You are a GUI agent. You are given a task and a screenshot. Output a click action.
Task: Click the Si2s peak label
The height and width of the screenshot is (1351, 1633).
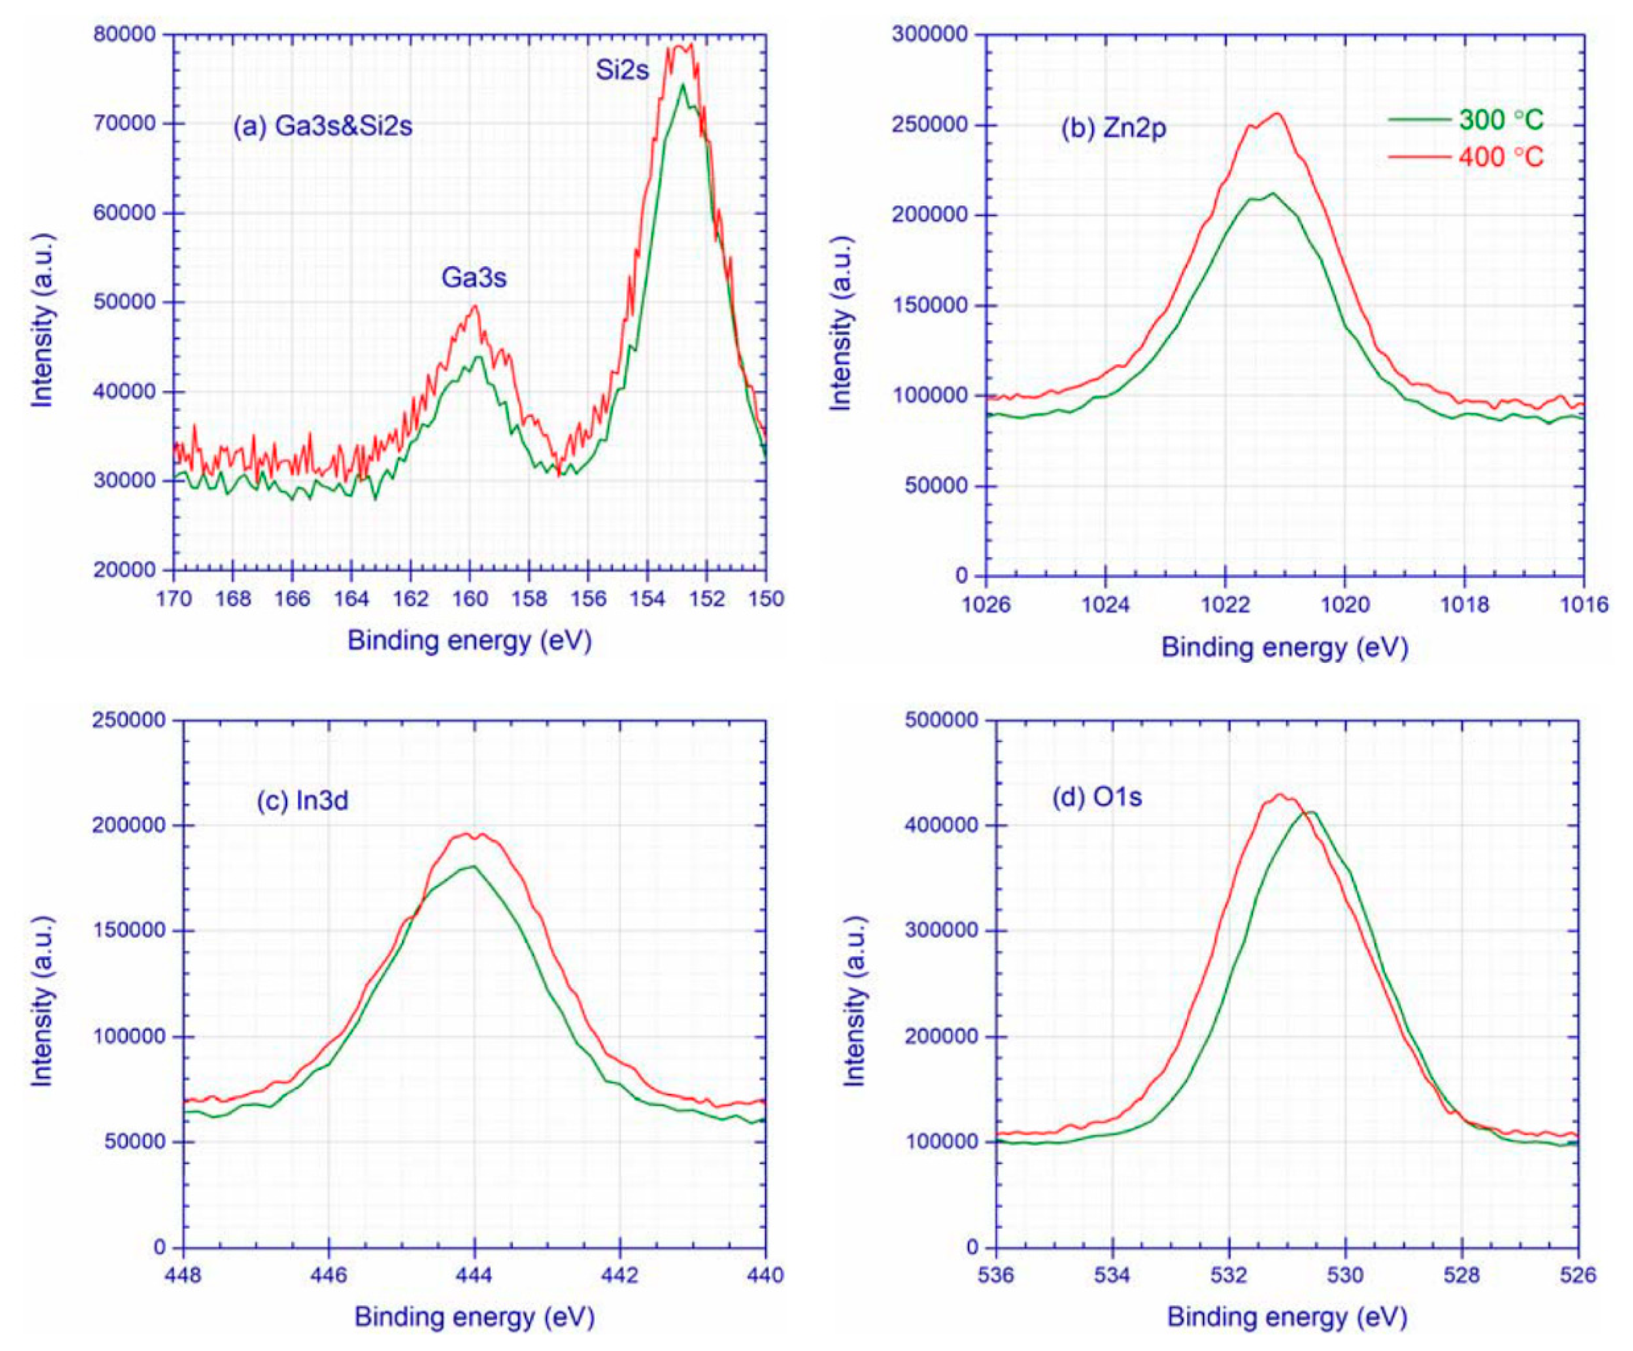coord(622,71)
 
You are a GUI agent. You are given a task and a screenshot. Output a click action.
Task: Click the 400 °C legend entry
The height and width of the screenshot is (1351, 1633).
coord(1500,158)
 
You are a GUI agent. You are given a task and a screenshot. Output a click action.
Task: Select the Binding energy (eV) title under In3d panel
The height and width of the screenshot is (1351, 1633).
coord(475,1317)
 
